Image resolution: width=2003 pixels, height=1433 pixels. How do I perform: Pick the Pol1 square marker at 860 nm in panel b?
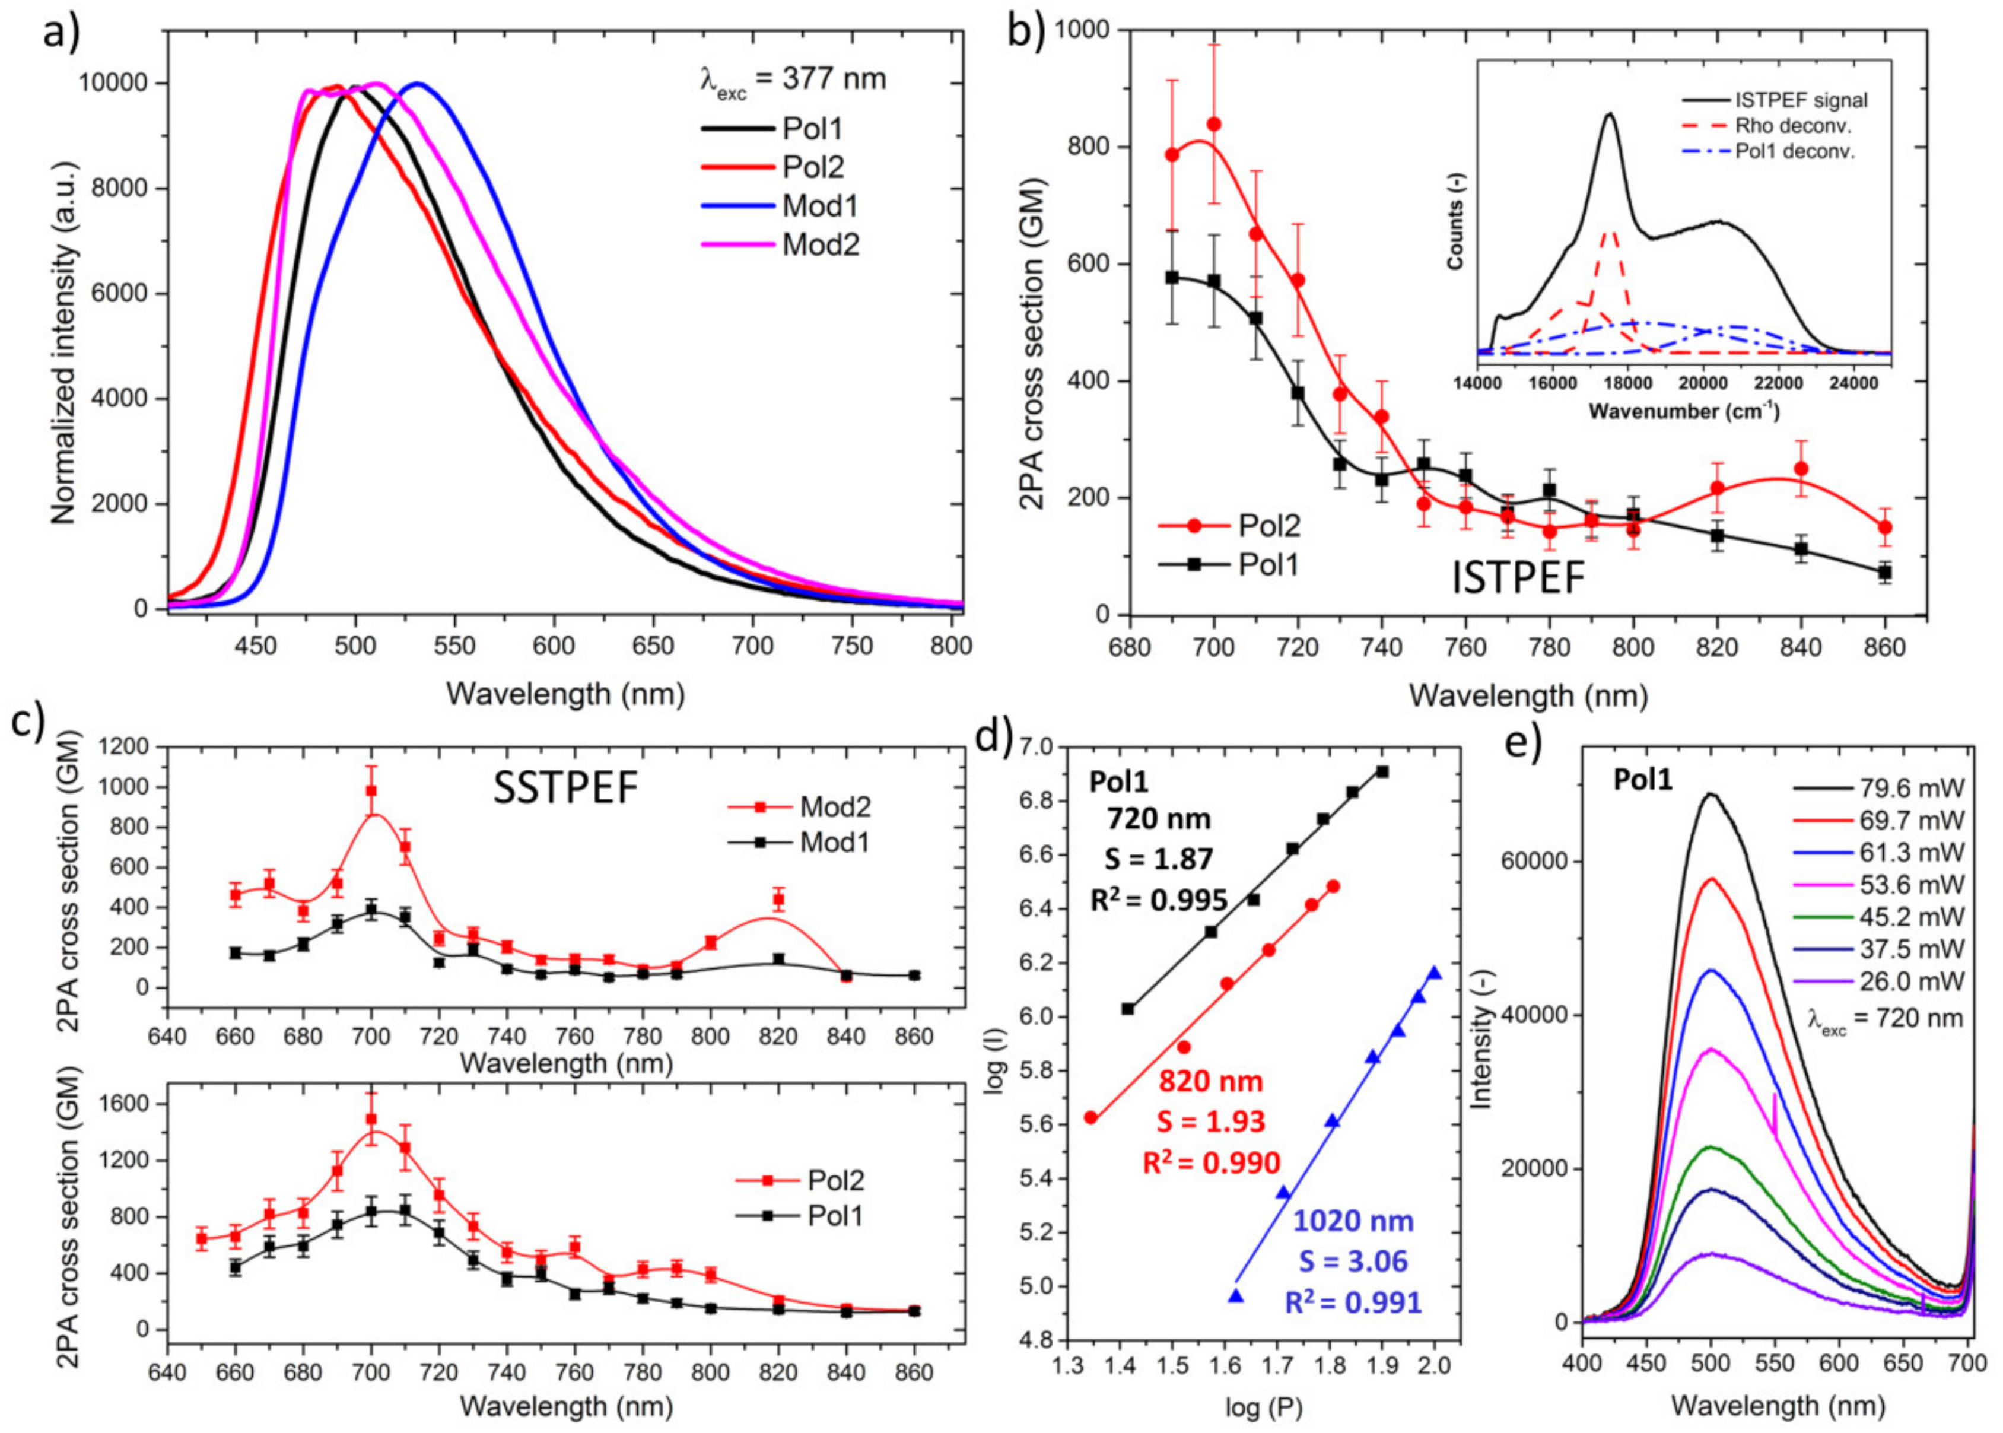[x=1885, y=573]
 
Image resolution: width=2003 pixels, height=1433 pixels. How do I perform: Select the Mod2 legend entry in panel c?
[x=835, y=806]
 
